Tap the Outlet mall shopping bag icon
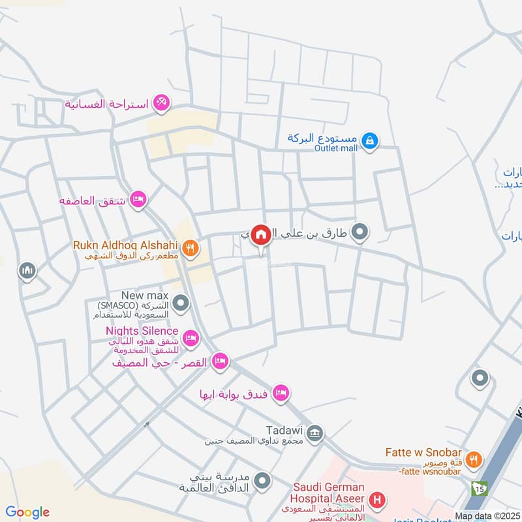click(369, 140)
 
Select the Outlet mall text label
click(336, 148)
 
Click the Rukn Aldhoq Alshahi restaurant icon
click(190, 248)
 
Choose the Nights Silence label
click(142, 331)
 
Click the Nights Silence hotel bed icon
click(190, 338)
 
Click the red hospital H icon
click(376, 501)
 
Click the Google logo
click(27, 512)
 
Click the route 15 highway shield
click(480, 487)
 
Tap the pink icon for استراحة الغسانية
click(162, 103)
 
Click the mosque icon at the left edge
click(27, 271)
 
